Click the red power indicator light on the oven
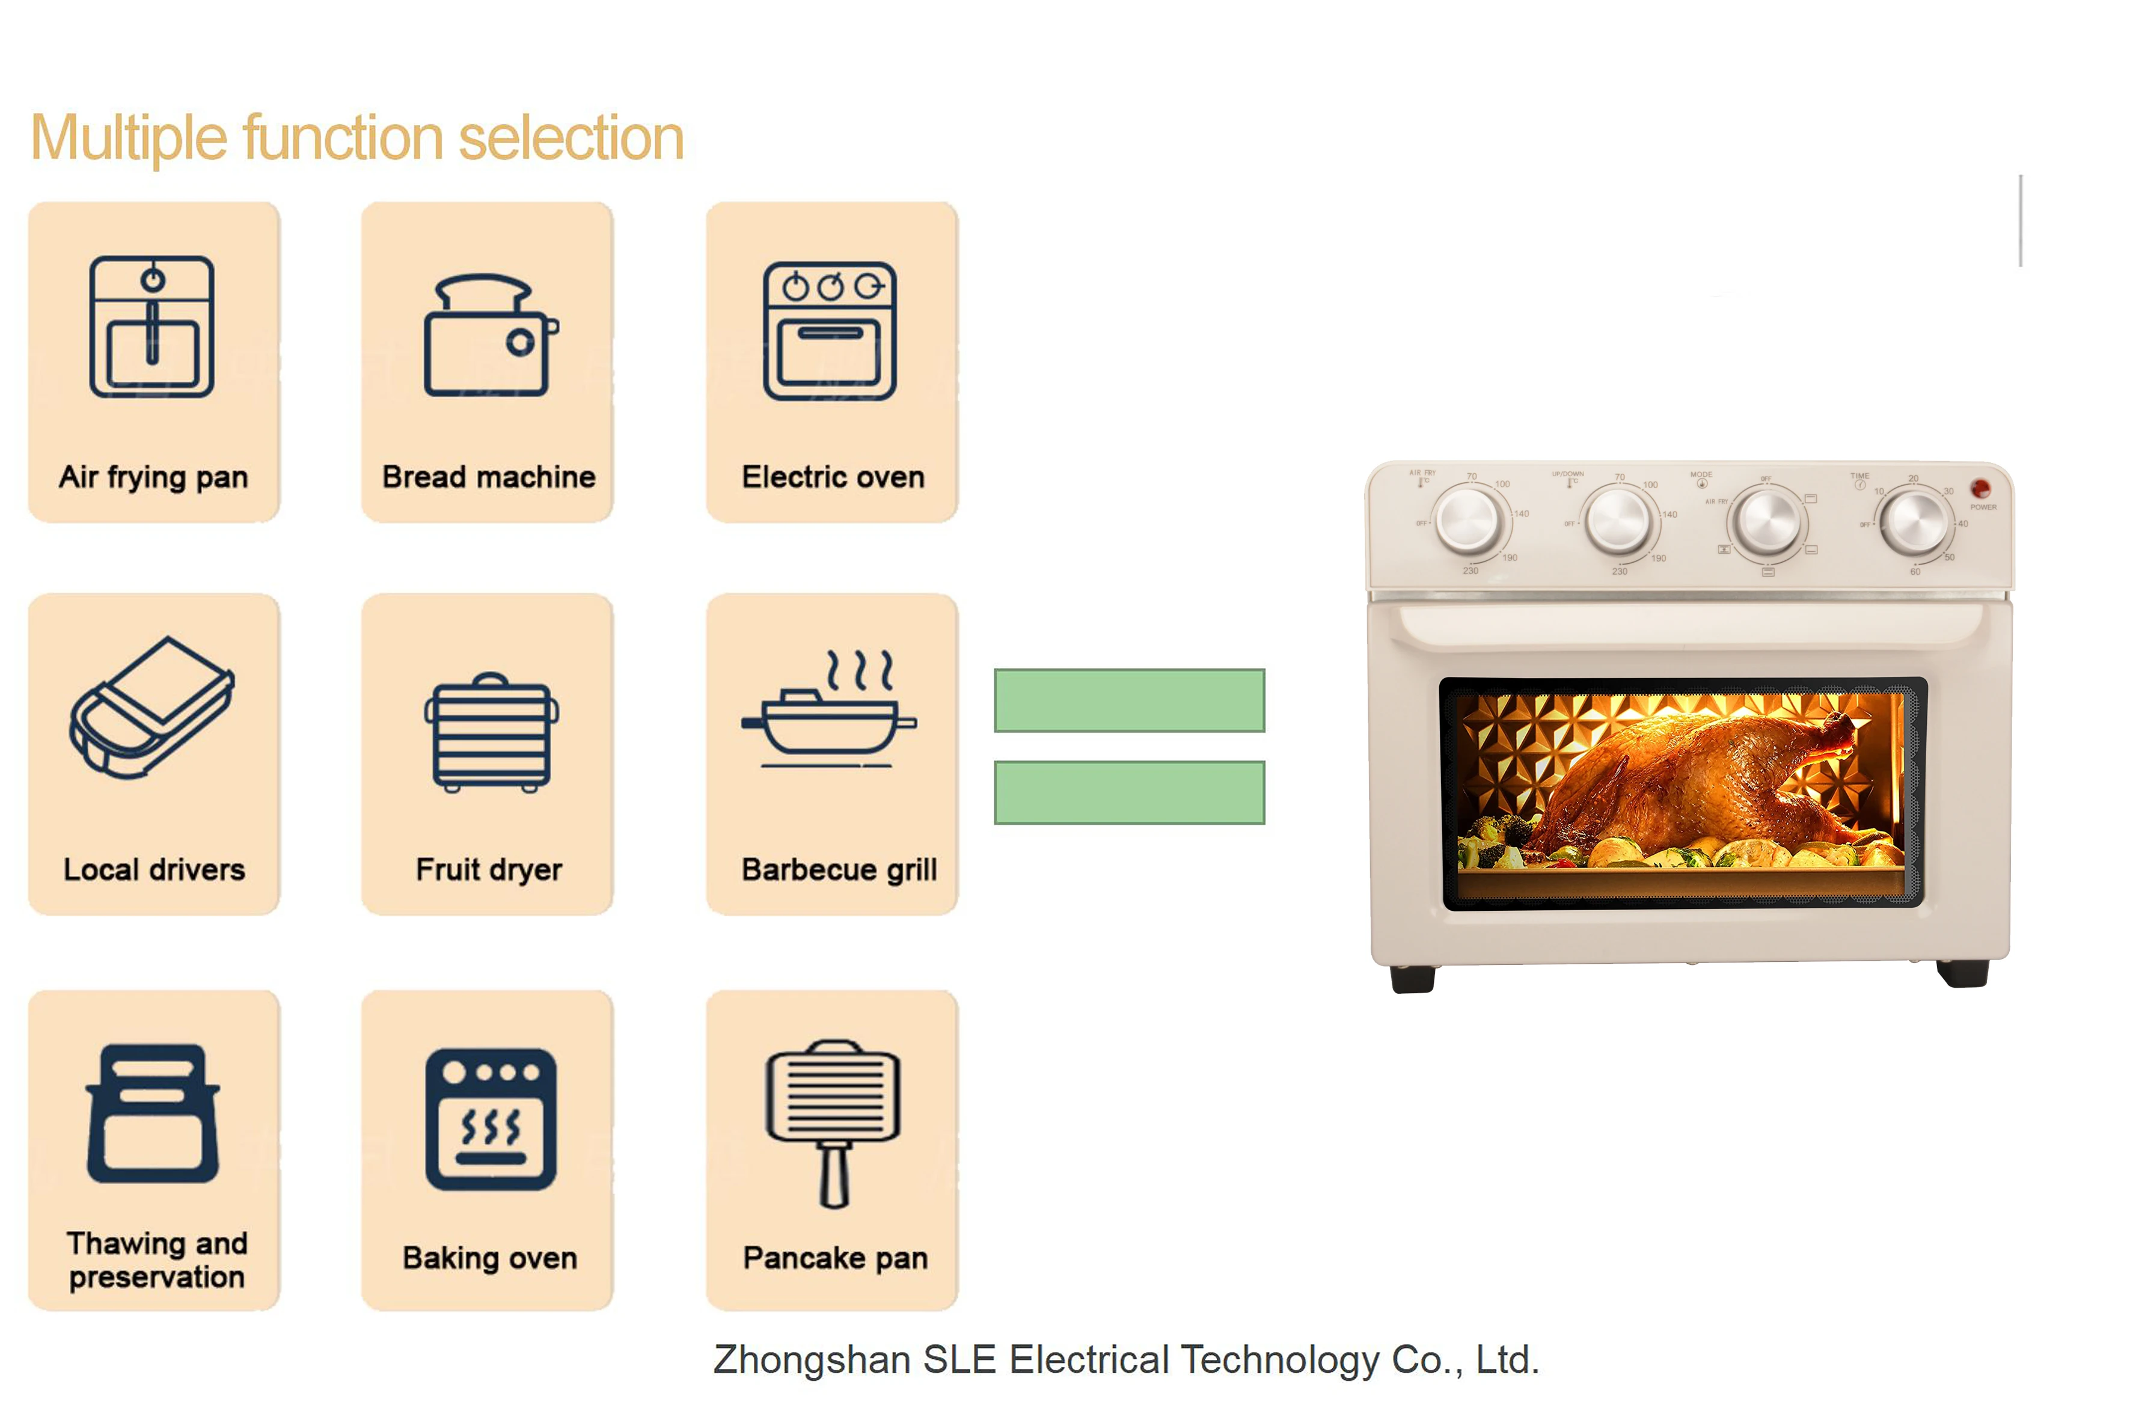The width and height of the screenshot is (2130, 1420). (x=1980, y=489)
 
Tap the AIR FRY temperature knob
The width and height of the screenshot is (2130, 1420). (x=1468, y=520)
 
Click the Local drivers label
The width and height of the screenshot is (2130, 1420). (x=154, y=869)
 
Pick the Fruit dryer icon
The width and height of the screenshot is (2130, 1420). (x=491, y=733)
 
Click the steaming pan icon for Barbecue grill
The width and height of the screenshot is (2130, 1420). (x=828, y=711)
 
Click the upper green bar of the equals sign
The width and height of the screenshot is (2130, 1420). (x=1128, y=700)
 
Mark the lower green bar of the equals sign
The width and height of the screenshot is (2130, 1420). (x=1128, y=792)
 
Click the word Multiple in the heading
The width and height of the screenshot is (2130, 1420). (x=129, y=138)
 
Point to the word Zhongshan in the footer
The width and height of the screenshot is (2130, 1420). (x=812, y=1360)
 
